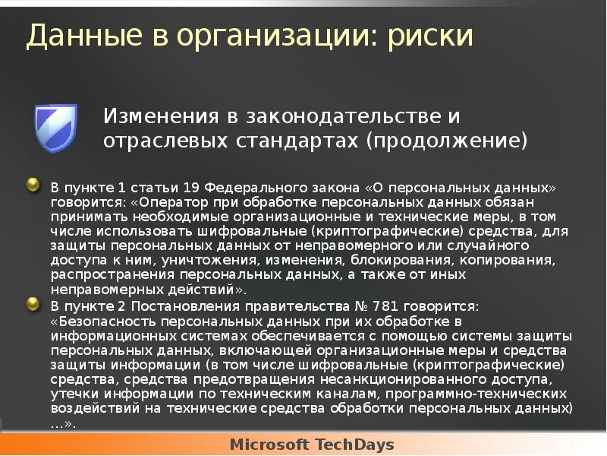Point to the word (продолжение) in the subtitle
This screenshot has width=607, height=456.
point(446,141)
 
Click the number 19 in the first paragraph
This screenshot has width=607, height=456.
point(193,187)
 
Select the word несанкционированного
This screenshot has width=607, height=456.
point(389,379)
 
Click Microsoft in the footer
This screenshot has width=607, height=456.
point(267,444)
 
